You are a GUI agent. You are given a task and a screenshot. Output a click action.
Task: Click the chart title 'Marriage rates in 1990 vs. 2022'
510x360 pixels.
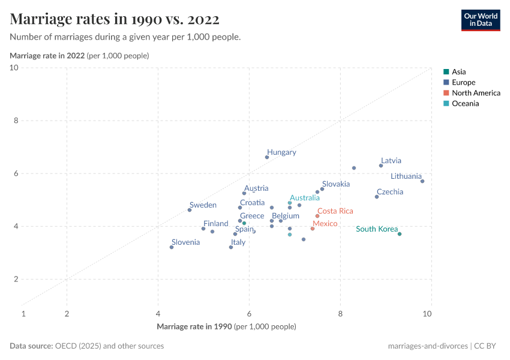pos(115,19)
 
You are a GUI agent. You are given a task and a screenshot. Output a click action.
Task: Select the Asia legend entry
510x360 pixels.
pos(458,71)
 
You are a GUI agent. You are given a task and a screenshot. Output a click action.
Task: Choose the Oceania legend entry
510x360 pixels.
pos(465,104)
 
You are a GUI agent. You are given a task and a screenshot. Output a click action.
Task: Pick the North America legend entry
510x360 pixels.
pos(476,93)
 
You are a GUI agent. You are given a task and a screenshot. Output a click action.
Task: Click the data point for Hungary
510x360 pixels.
pos(267,157)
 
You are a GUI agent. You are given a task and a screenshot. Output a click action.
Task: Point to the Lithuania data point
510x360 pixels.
pos(422,181)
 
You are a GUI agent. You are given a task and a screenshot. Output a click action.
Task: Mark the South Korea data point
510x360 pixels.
pos(400,234)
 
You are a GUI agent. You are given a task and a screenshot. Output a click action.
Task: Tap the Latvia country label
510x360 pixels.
pos(391,161)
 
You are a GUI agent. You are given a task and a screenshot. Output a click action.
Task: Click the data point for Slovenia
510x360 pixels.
pos(172,247)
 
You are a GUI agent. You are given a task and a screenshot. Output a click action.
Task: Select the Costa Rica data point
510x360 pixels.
pos(317,216)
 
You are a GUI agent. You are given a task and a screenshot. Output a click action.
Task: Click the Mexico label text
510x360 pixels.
pos(325,224)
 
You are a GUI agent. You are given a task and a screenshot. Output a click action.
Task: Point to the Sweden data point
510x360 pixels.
pos(190,210)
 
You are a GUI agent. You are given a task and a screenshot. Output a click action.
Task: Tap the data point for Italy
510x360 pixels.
pos(231,247)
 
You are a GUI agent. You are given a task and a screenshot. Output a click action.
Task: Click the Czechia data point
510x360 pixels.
pos(377,197)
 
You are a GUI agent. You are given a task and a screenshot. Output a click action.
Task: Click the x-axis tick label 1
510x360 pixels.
pos(23,314)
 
